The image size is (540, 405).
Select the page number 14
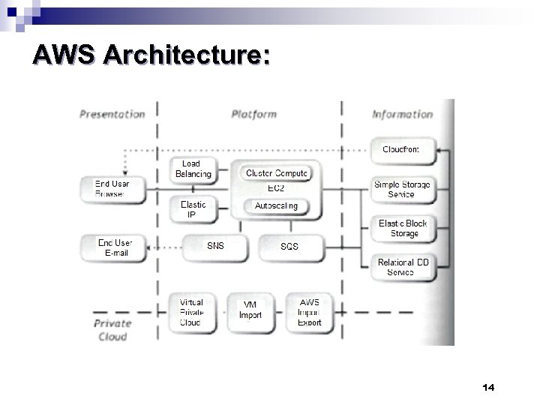[x=489, y=387]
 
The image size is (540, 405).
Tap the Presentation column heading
[x=112, y=114]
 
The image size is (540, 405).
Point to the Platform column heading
[x=253, y=114]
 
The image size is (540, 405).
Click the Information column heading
[x=403, y=114]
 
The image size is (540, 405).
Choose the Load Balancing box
[x=193, y=169]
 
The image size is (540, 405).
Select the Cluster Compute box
[x=276, y=173]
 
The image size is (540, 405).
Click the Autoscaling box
[x=276, y=205]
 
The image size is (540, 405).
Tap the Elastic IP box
[x=193, y=209]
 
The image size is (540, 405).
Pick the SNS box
[x=214, y=246]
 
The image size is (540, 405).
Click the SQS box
[x=289, y=247]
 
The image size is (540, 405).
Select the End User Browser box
[x=110, y=188]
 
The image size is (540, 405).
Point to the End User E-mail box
[x=115, y=247]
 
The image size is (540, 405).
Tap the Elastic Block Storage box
[x=403, y=229]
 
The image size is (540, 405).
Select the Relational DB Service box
[x=403, y=267]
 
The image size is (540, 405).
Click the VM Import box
[x=250, y=310]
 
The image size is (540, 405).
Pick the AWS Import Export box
[x=309, y=313]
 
